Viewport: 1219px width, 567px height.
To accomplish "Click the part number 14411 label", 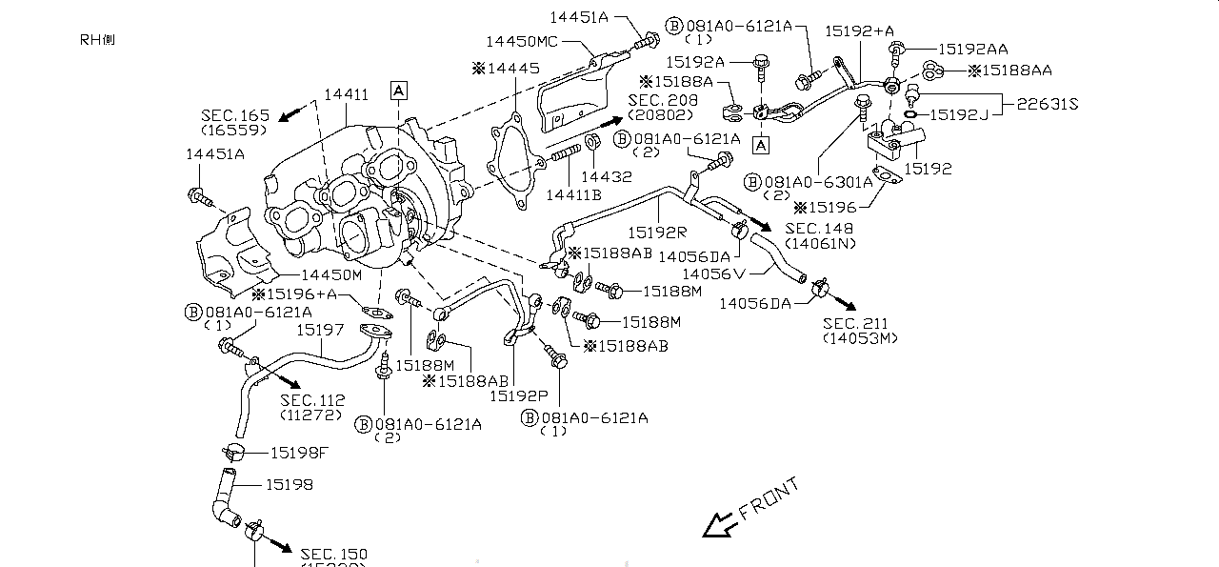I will pyautogui.click(x=346, y=94).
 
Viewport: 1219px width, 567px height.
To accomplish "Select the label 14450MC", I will pyautogui.click(x=521, y=42).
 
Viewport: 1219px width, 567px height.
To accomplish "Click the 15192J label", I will pyautogui.click(x=962, y=115).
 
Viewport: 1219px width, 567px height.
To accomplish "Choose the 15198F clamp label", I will pyautogui.click(x=299, y=452).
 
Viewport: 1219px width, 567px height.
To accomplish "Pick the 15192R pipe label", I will pyautogui.click(x=657, y=232).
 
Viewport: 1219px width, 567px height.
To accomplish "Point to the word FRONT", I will pyautogui.click(x=770, y=498).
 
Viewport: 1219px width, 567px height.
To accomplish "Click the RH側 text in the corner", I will pyautogui.click(x=98, y=40).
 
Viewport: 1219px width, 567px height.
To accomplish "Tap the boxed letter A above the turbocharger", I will pyautogui.click(x=398, y=91).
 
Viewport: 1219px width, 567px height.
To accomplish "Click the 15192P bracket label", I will pyautogui.click(x=519, y=394).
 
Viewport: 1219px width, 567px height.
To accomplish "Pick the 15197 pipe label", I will pyautogui.click(x=319, y=329).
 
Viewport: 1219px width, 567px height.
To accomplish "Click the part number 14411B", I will pyautogui.click(x=573, y=194).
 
